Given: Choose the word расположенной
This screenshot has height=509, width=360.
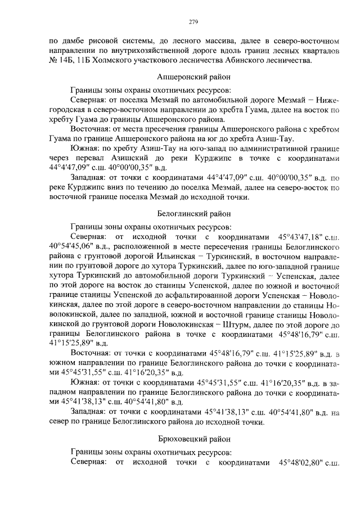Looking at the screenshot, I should click(133, 246).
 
